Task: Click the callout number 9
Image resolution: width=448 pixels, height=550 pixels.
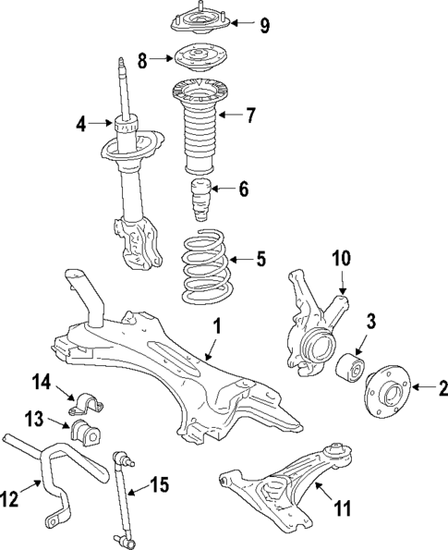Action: (265, 25)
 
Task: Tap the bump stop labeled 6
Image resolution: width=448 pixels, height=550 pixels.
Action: (200, 201)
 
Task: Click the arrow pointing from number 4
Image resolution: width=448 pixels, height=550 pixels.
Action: (102, 122)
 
